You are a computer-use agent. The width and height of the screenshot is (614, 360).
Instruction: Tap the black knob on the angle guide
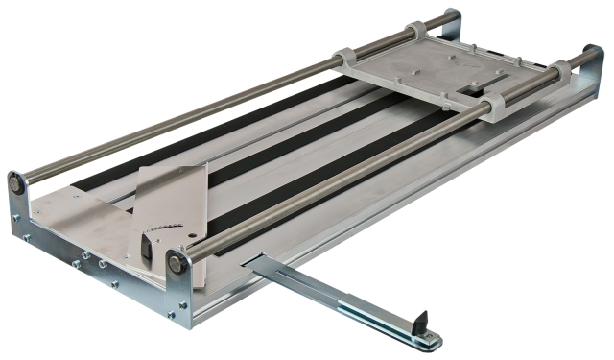[146, 246]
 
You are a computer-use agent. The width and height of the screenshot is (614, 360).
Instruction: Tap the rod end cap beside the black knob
[177, 262]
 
